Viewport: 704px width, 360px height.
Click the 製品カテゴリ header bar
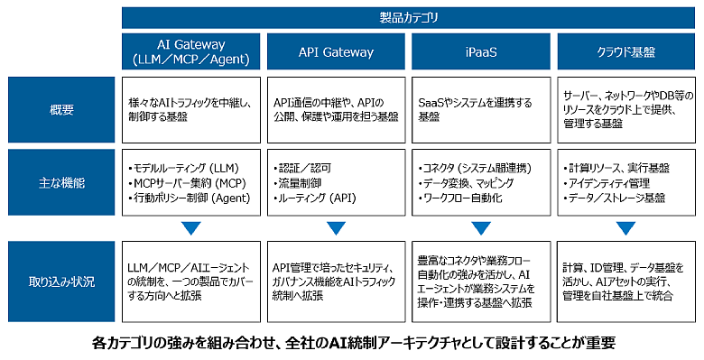tap(408, 18)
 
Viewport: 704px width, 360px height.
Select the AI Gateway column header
tap(190, 51)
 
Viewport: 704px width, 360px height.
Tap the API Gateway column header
tap(336, 51)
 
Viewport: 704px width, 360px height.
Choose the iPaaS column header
tap(481, 51)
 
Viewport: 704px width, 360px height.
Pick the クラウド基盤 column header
tap(625, 51)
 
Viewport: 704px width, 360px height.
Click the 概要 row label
tap(61, 110)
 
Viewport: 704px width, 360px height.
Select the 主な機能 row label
tap(61, 182)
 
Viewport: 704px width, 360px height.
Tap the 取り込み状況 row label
tap(61, 282)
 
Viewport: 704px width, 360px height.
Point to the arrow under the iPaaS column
tap(481, 228)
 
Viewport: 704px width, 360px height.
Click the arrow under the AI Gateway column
tap(191, 228)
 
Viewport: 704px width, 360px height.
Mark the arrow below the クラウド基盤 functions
tap(625, 228)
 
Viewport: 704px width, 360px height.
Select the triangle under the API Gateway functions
tap(337, 228)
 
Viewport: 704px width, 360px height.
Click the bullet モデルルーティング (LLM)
tap(183, 169)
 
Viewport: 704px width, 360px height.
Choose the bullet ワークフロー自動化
tap(459, 198)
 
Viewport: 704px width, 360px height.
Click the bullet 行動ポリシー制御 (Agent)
tap(189, 198)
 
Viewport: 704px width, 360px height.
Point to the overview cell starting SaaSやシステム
tap(481, 110)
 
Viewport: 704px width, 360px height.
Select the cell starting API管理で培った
tap(336, 282)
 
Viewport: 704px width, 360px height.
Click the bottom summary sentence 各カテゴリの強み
tap(352, 344)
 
